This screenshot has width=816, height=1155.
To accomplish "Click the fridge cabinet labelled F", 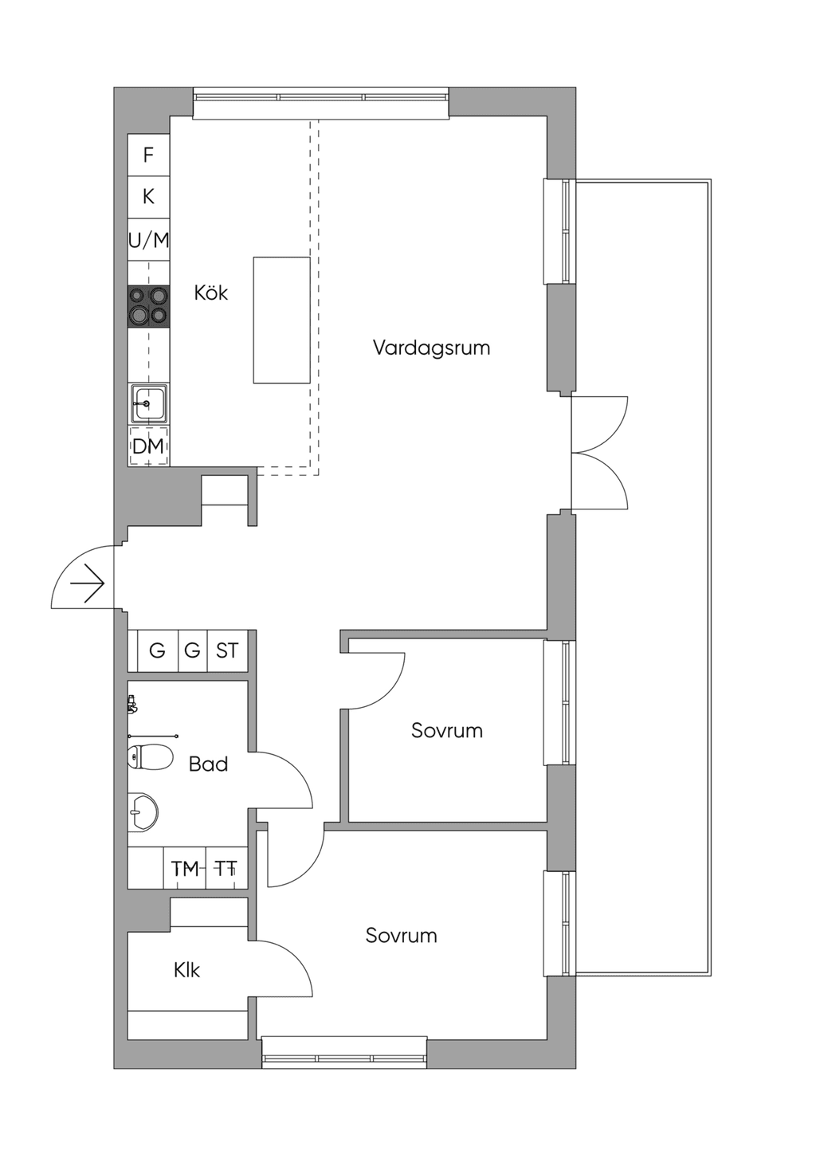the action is pyautogui.click(x=148, y=155).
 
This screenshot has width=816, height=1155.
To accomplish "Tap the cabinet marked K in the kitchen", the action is pyautogui.click(x=148, y=197).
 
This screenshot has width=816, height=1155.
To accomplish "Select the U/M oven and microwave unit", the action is pyautogui.click(x=148, y=240).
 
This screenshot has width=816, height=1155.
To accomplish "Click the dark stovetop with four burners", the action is pyautogui.click(x=148, y=306).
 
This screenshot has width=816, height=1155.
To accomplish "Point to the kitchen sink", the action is pyautogui.click(x=149, y=404).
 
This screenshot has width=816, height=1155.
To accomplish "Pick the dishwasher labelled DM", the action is pyautogui.click(x=148, y=446).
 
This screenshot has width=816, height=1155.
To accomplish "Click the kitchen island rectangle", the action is pyautogui.click(x=281, y=320).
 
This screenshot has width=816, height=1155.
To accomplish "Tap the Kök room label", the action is pyautogui.click(x=211, y=293).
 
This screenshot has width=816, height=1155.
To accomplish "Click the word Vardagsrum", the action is pyautogui.click(x=431, y=348).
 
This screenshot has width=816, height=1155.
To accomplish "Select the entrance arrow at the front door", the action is pyautogui.click(x=88, y=583).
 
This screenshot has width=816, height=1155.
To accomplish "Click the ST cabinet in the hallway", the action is pyautogui.click(x=227, y=650).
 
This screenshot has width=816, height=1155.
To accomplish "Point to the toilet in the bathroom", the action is pyautogui.click(x=150, y=757).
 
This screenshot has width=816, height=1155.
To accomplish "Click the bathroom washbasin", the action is pyautogui.click(x=143, y=812).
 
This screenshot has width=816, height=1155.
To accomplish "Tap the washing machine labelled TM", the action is pyautogui.click(x=185, y=870).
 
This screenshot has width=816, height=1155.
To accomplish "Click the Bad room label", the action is pyautogui.click(x=208, y=764).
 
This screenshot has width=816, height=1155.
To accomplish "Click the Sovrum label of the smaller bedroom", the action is pyautogui.click(x=447, y=731).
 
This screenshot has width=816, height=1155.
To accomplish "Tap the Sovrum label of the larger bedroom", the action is pyautogui.click(x=402, y=935).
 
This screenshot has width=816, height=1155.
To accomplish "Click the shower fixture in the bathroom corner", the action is pyautogui.click(x=132, y=705).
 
